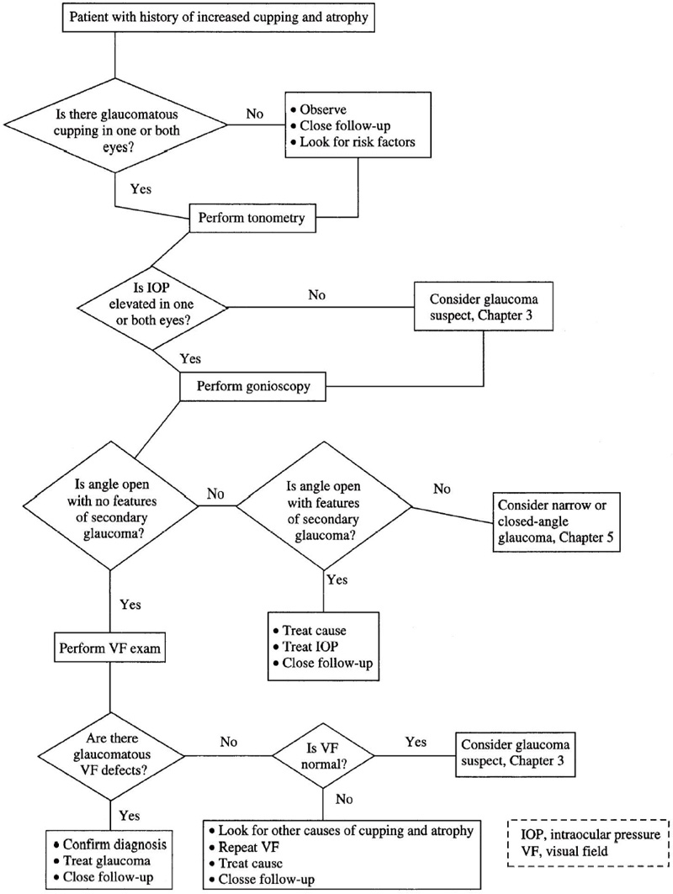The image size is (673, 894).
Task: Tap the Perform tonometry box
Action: tap(252, 219)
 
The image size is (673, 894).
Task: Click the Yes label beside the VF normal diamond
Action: tap(416, 741)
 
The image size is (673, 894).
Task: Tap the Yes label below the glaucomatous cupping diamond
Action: tap(141, 188)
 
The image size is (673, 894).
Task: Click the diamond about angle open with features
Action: tap(324, 507)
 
